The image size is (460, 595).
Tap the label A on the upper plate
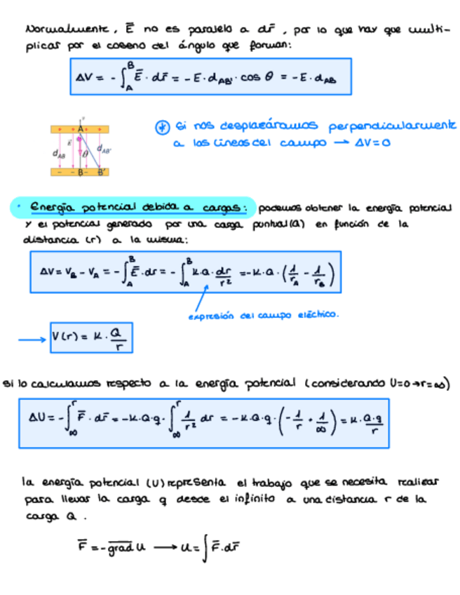pos(81,129)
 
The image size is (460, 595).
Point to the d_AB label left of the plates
pos(59,152)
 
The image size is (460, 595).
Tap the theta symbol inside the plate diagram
pos(86,154)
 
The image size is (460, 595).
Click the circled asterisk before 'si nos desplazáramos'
pos(162,127)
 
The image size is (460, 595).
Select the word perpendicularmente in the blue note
pos(395,126)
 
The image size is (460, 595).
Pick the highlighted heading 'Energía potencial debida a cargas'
pos(133,208)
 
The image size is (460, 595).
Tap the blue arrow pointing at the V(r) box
pos(31,340)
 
